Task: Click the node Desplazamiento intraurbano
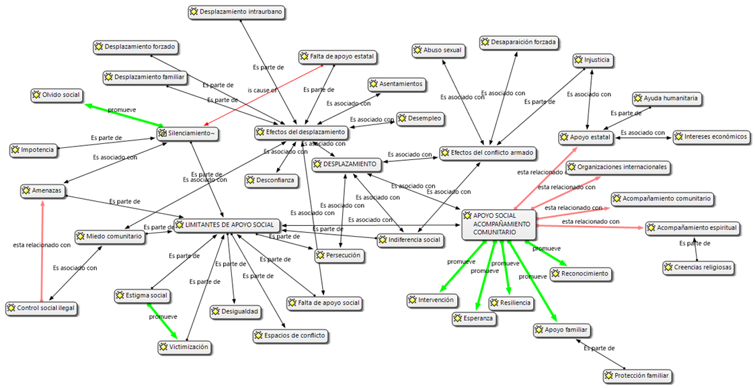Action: (237, 12)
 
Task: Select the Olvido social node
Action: (56, 95)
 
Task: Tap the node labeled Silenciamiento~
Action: (188, 134)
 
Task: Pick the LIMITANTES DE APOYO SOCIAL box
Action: (225, 225)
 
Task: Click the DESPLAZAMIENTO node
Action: (348, 165)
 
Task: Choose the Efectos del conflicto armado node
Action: (487, 153)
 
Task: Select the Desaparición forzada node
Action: (519, 42)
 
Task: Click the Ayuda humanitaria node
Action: (666, 99)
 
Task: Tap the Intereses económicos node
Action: (711, 137)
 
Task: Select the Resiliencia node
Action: (512, 303)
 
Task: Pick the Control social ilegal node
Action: (42, 309)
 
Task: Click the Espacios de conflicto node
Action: (290, 336)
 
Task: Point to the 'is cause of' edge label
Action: (262, 89)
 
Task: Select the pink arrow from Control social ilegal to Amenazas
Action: (42, 249)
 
